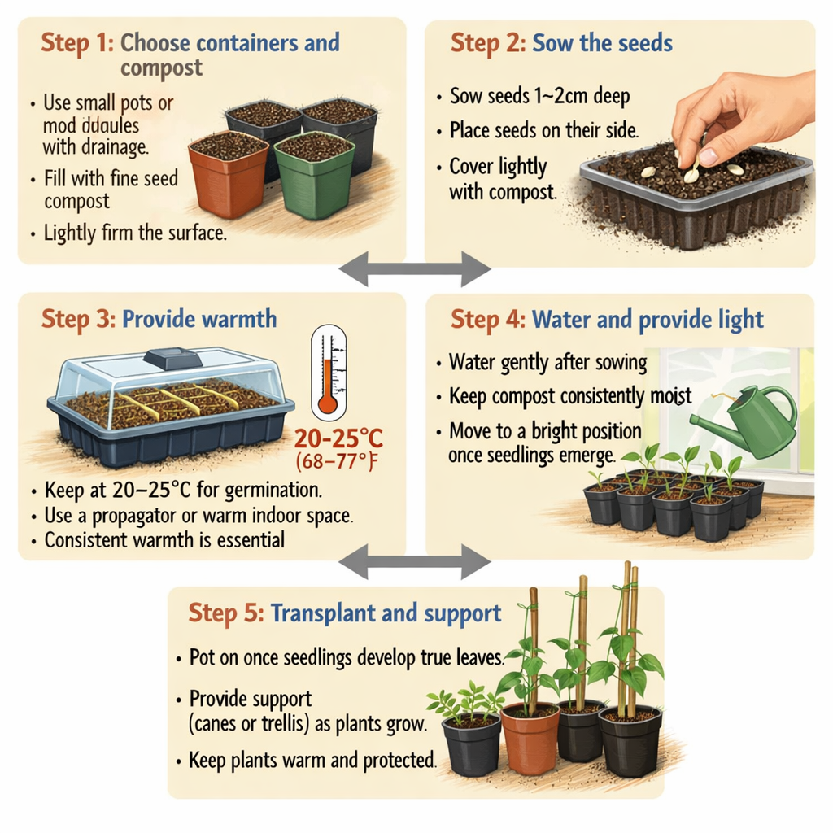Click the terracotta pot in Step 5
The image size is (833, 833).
(530, 735)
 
